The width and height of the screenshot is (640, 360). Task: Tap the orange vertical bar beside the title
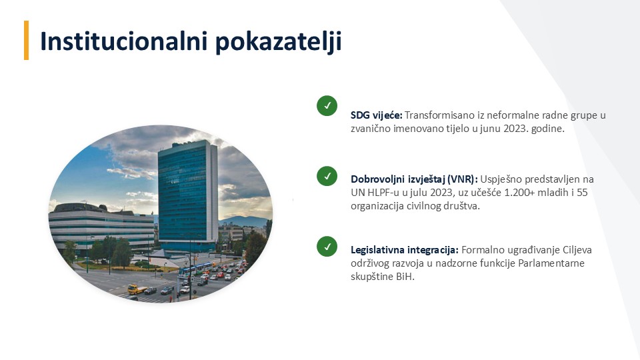[x=27, y=41]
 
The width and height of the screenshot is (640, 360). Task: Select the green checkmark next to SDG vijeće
[x=327, y=106]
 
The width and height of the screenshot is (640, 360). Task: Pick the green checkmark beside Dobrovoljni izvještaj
[x=327, y=176]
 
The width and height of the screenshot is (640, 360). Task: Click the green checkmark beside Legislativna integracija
[x=327, y=247]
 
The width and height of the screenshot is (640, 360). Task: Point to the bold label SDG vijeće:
[x=376, y=115]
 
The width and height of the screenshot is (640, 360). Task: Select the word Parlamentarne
[x=551, y=263]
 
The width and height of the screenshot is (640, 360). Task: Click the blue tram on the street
[x=195, y=270]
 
